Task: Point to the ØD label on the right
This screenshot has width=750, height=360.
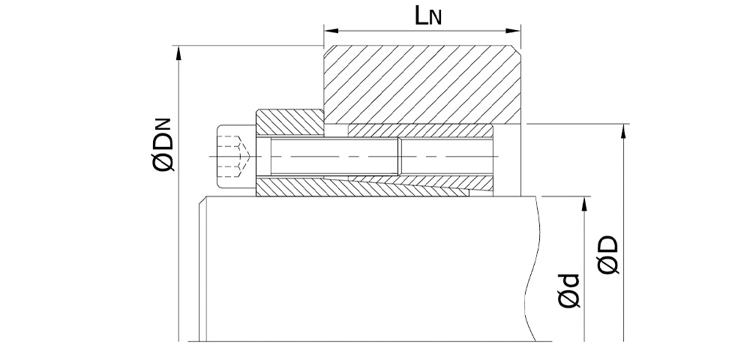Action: coord(608,255)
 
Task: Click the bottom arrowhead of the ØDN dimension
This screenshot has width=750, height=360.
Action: coord(178,335)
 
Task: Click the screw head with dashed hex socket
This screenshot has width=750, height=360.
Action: coord(235,155)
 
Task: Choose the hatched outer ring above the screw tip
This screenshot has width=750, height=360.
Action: coord(420,130)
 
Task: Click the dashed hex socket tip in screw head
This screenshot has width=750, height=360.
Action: coord(241,156)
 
